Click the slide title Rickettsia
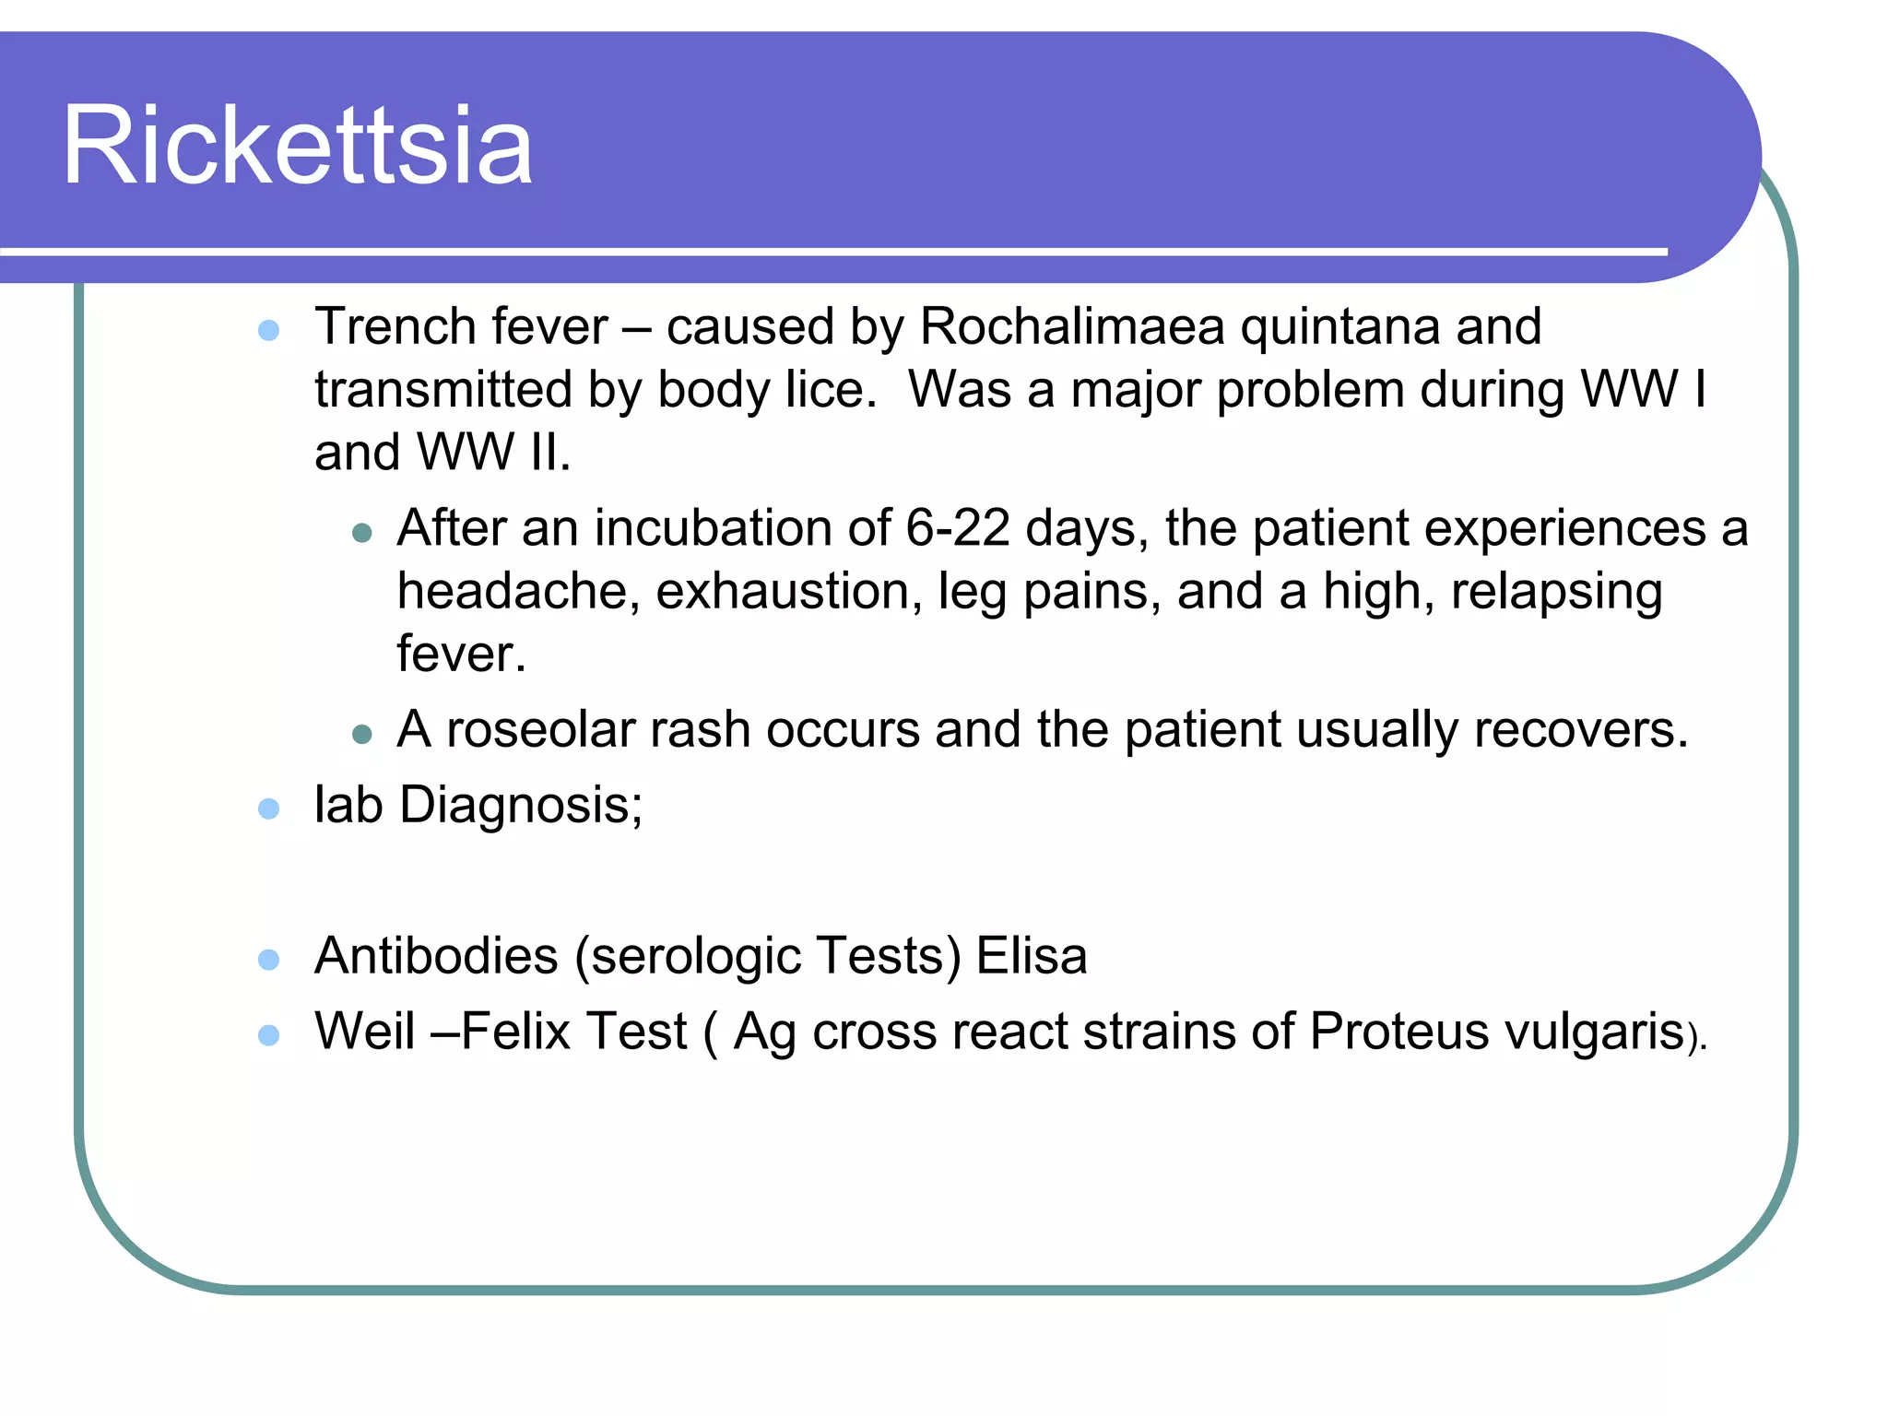point(297,146)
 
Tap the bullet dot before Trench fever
point(268,330)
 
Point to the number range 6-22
point(957,529)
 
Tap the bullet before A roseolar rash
point(362,734)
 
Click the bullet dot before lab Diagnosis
point(268,808)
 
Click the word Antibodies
point(436,956)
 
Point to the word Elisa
point(1031,956)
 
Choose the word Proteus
point(1398,1031)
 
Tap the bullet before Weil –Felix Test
point(268,1034)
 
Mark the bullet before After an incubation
point(362,532)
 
